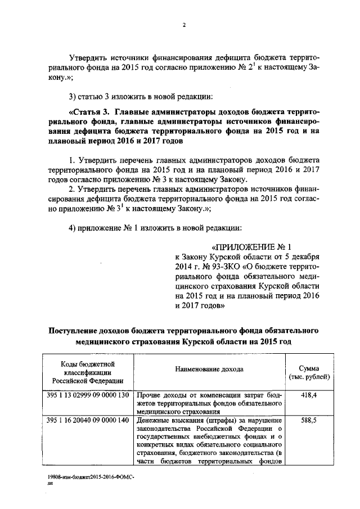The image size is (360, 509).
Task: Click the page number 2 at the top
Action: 183,24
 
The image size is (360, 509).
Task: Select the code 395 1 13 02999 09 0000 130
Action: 87,396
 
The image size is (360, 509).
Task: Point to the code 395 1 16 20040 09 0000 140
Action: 87,420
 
